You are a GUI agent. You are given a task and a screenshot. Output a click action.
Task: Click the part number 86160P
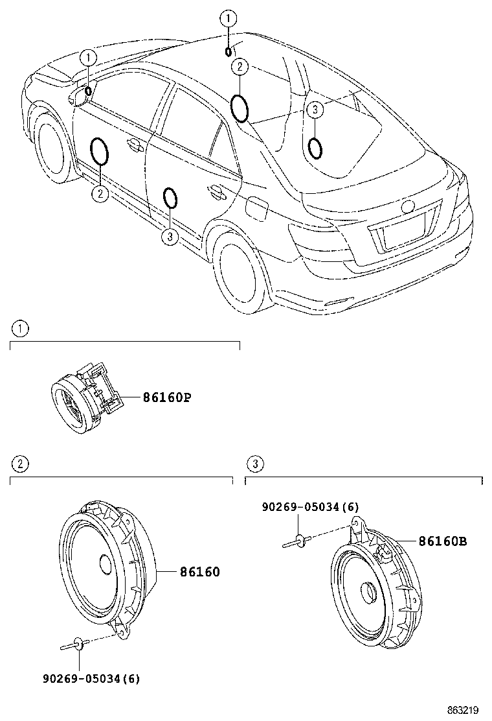tap(167, 397)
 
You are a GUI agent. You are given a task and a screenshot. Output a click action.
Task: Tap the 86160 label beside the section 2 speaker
tap(199, 572)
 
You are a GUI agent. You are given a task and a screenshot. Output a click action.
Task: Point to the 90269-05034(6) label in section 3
tap(310, 506)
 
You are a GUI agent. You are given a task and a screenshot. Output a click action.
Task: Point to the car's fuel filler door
tap(256, 208)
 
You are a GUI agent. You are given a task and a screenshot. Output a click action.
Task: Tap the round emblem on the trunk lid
tap(408, 207)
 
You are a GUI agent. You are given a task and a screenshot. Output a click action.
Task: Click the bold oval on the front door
tap(99, 151)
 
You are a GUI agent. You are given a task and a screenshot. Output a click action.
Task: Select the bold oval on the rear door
tap(170, 198)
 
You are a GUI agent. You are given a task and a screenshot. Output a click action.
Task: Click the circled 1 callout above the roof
tap(228, 18)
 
